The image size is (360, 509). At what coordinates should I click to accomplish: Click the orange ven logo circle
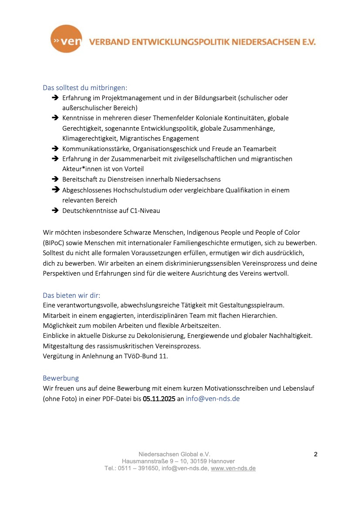[66, 39]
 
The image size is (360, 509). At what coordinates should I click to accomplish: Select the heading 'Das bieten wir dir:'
[71, 295]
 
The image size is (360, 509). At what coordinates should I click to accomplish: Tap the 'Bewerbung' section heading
[61, 378]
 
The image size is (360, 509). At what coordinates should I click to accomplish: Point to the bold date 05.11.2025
[159, 398]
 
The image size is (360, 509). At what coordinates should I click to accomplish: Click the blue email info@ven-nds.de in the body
[213, 398]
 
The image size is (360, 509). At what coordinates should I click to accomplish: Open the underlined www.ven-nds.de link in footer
[233, 469]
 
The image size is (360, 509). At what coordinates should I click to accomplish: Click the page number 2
[316, 454]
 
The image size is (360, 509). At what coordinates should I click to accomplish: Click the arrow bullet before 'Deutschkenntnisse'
[55, 211]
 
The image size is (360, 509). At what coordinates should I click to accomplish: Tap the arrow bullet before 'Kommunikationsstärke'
[55, 149]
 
